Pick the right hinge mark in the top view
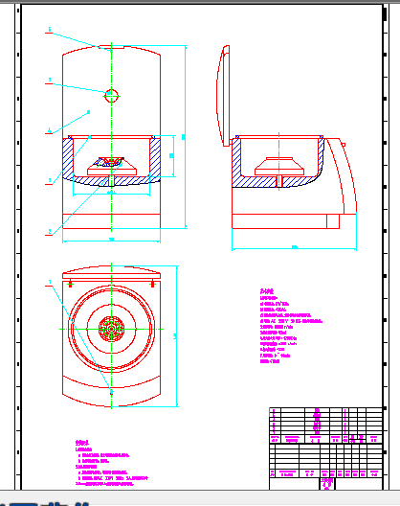[153, 283]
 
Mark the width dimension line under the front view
[111, 239]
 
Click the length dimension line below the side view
[294, 248]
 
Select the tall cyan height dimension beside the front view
[184, 134]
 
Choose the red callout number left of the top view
[49, 282]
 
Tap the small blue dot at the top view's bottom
[111, 392]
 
